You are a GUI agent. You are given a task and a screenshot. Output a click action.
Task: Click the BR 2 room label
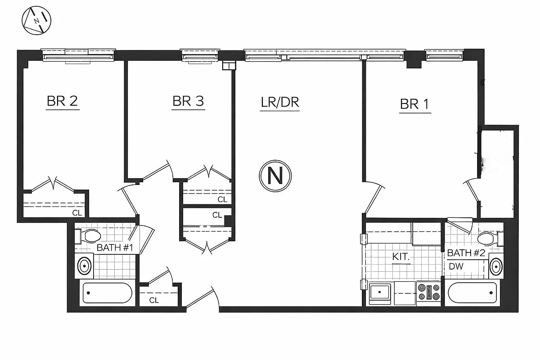pyautogui.click(x=63, y=101)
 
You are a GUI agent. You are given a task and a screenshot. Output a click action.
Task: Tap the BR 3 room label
pyautogui.click(x=188, y=101)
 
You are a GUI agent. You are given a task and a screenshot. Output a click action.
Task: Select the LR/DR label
pyautogui.click(x=280, y=102)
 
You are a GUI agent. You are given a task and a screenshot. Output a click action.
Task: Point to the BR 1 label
pyautogui.click(x=415, y=104)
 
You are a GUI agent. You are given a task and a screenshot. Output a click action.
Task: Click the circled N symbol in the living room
pyautogui.click(x=275, y=175)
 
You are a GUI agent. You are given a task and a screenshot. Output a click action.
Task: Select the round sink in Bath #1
pyautogui.click(x=84, y=265)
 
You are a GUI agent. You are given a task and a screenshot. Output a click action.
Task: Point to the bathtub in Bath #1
pyautogui.click(x=108, y=293)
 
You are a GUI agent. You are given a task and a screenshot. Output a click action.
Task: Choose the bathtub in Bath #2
pyautogui.click(x=472, y=292)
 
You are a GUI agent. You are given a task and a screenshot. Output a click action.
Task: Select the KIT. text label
pyautogui.click(x=401, y=257)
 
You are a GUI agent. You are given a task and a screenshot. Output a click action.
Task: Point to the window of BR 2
pyautogui.click(x=78, y=55)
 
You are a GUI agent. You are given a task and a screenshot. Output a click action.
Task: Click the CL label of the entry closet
pyautogui.click(x=154, y=300)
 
